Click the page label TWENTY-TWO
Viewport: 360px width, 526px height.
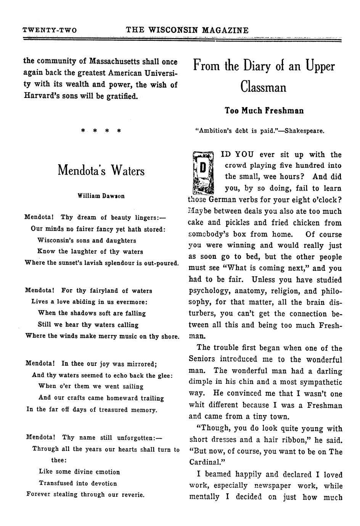(x=50, y=30)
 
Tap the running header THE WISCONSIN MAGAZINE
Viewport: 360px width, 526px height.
(x=187, y=30)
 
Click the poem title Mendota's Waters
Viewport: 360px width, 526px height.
(x=101, y=170)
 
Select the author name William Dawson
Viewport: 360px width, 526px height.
(x=101, y=196)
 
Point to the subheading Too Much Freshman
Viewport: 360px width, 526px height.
(x=264, y=111)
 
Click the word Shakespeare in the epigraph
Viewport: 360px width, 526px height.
(x=305, y=131)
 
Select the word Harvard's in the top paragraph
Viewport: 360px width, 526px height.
(x=41, y=96)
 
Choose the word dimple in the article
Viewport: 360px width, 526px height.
(x=201, y=382)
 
